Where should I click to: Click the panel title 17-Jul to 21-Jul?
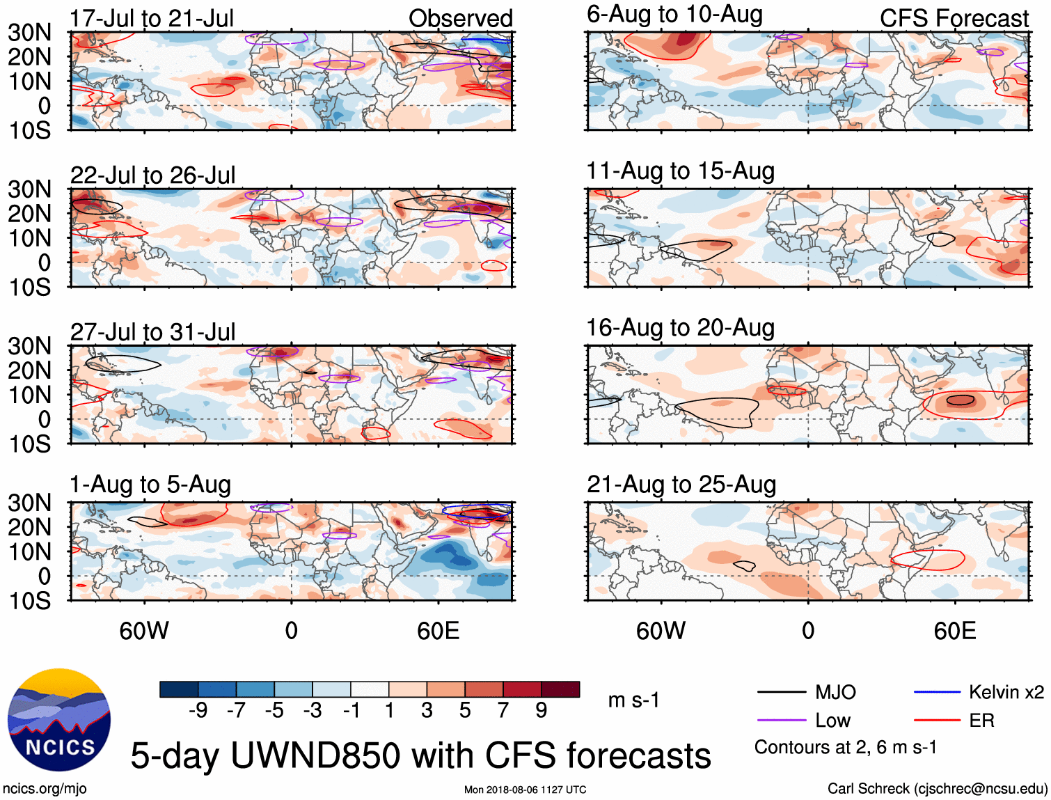click(152, 19)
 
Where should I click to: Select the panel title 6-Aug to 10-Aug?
click(674, 15)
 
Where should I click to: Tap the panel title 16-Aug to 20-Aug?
click(680, 328)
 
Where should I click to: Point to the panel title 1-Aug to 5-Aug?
click(150, 485)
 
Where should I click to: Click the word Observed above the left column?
click(460, 19)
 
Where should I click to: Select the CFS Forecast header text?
click(954, 19)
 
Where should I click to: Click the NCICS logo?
click(59, 720)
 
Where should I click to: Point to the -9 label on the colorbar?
click(198, 710)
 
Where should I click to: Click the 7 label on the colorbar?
click(503, 710)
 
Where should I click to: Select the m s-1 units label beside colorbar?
click(633, 700)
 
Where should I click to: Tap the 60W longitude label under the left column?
click(144, 631)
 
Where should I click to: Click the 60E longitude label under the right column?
click(954, 631)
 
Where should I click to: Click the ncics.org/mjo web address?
click(45, 789)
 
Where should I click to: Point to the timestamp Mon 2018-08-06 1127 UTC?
click(525, 790)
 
